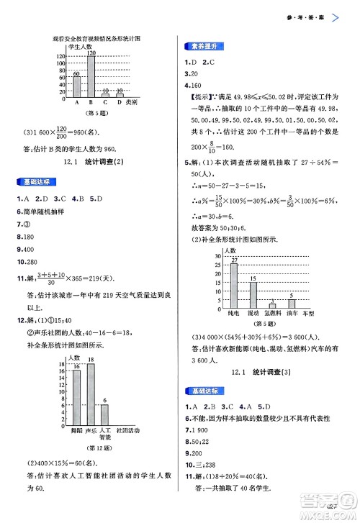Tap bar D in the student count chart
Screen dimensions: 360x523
click(120, 95)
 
